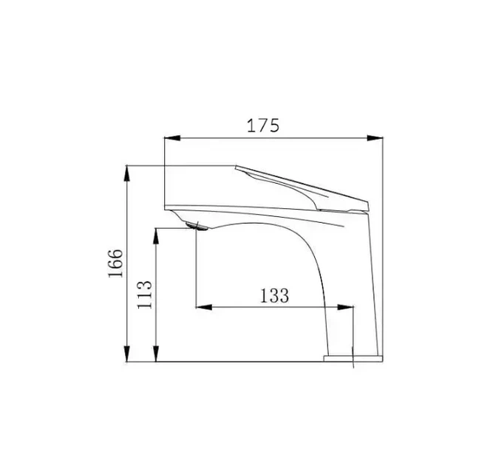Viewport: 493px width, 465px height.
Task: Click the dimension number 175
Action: point(263,125)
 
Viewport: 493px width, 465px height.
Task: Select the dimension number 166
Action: point(115,263)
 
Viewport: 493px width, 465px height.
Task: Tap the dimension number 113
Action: point(144,294)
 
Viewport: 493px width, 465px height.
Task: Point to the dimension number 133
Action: point(274,296)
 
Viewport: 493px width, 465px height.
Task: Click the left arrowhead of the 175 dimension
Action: point(172,138)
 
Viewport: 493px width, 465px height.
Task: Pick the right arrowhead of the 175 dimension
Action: point(375,138)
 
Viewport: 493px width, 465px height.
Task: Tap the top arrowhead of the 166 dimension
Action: point(126,173)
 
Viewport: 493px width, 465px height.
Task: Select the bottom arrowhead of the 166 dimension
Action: point(126,354)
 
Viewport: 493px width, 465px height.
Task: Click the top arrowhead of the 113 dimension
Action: point(156,236)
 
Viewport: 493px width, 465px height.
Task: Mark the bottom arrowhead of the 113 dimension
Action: point(156,354)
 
